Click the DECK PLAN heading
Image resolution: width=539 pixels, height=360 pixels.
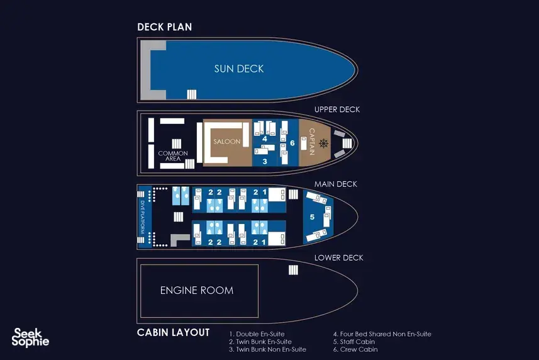[164, 27]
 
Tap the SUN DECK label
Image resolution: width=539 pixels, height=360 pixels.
[239, 69]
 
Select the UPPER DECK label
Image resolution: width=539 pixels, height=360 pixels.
[337, 110]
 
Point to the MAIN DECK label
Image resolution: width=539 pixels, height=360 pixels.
[335, 184]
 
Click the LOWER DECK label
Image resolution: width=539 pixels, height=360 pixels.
[338, 258]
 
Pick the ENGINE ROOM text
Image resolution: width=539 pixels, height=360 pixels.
[197, 290]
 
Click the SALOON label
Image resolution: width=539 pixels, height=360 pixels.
[227, 142]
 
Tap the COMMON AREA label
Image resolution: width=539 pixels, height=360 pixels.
[173, 155]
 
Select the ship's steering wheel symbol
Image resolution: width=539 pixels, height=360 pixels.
[323, 143]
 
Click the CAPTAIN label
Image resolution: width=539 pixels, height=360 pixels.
[312, 142]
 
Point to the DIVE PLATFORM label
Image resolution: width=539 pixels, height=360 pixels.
[142, 217]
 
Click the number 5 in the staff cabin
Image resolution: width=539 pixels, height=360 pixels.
[312, 217]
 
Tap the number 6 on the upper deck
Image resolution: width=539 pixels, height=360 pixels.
[292, 143]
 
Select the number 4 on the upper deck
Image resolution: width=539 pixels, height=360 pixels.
[265, 139]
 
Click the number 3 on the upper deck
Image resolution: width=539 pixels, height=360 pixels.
[265, 161]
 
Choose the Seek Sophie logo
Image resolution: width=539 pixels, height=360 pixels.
[30, 337]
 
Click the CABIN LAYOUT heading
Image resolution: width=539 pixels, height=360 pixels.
[173, 332]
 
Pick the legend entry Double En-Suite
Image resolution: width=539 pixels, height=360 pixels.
[257, 334]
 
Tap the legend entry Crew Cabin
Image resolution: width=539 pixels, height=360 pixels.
[355, 349]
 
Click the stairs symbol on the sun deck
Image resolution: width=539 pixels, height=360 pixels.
[191, 94]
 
